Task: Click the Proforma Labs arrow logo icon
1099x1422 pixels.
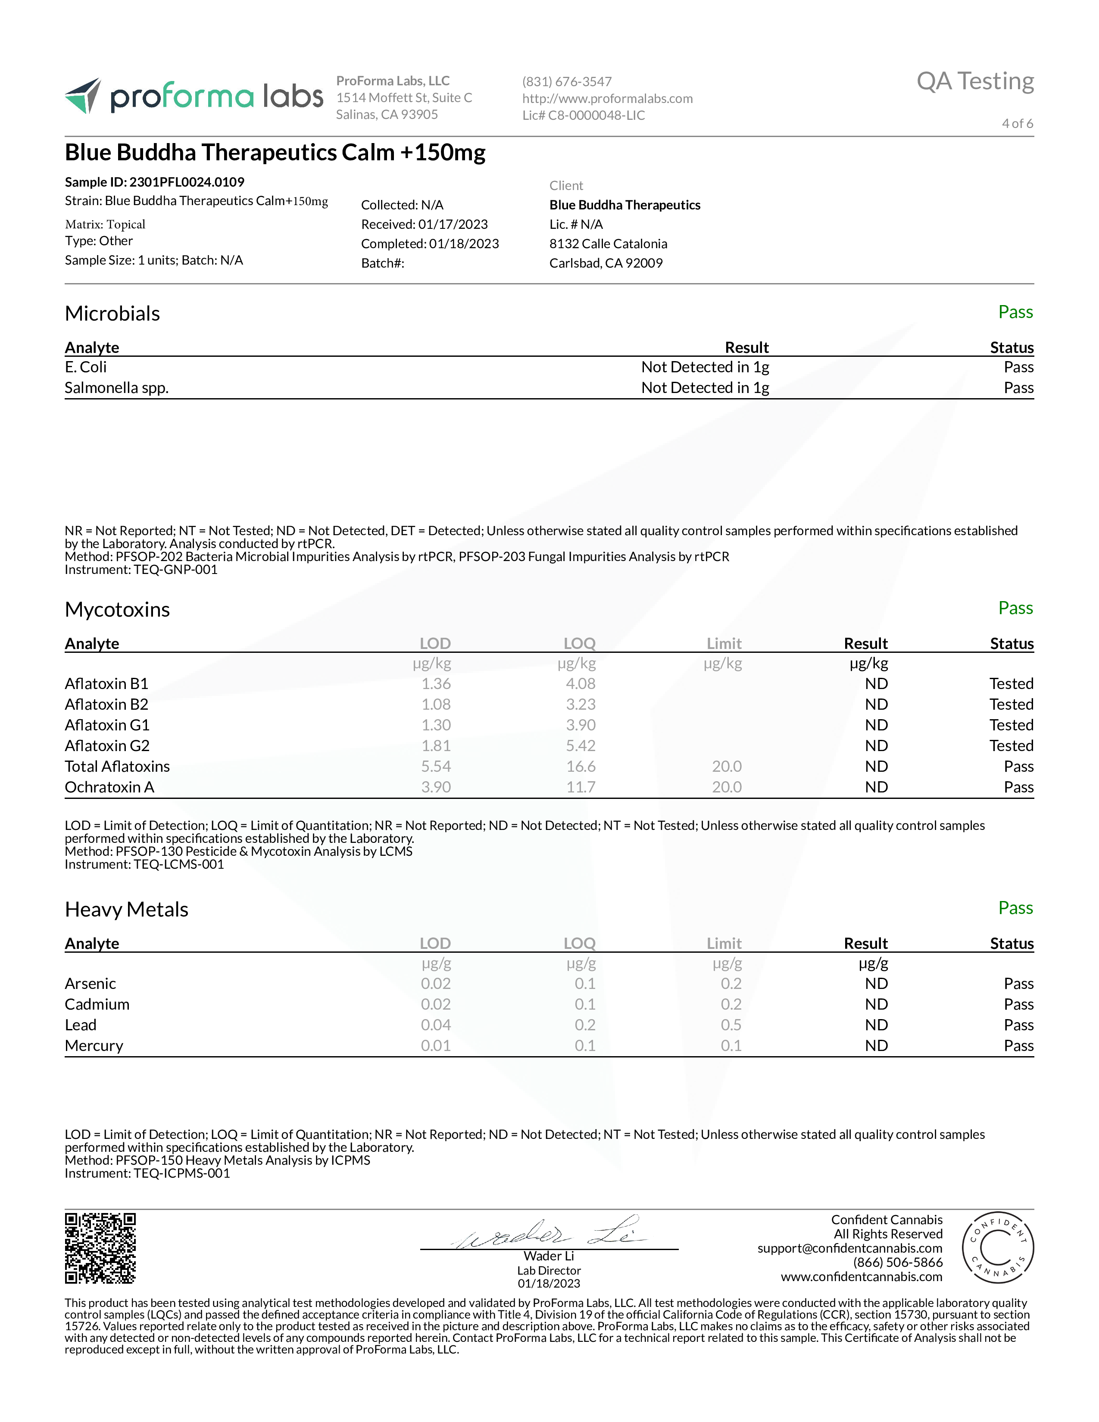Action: (83, 96)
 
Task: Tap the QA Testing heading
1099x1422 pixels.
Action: (974, 81)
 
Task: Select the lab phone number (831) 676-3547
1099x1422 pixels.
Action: (566, 81)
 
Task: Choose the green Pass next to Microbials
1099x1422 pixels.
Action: (1015, 312)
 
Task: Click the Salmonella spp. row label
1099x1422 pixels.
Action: (116, 388)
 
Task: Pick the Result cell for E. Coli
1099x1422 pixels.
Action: (705, 367)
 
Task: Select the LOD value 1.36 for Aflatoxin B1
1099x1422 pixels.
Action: (436, 684)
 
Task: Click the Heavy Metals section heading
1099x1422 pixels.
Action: (126, 910)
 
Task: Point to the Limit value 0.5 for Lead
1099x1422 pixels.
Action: (731, 1025)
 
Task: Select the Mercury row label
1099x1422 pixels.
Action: (94, 1046)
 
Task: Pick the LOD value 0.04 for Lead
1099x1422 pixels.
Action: (436, 1025)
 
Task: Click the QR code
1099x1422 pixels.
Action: (100, 1248)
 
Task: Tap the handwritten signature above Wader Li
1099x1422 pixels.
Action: (548, 1234)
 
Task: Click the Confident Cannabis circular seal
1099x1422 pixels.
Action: (997, 1248)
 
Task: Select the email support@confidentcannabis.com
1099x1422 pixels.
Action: (849, 1248)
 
